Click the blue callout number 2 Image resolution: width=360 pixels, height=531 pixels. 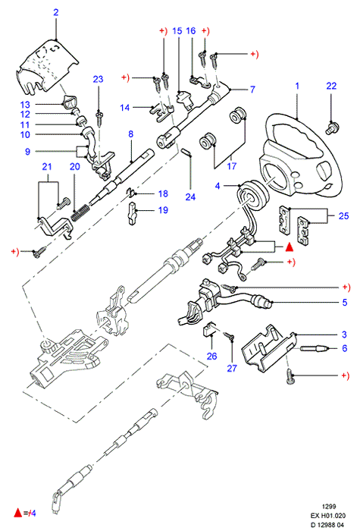click(x=56, y=13)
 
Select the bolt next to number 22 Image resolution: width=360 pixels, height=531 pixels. click(x=332, y=128)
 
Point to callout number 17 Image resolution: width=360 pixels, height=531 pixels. click(x=232, y=165)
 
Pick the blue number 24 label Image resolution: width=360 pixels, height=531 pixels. click(x=190, y=196)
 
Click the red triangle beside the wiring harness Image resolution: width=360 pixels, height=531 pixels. click(x=289, y=247)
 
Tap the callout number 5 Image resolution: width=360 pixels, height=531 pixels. click(x=344, y=302)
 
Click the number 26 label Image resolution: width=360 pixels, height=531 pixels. click(x=211, y=356)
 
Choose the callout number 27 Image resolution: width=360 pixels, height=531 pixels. click(x=232, y=368)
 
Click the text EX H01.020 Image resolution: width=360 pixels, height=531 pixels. click(x=328, y=516)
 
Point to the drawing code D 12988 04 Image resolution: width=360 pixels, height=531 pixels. click(x=327, y=525)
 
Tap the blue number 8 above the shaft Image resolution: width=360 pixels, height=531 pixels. click(x=131, y=134)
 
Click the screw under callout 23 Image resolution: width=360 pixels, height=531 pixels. click(x=99, y=119)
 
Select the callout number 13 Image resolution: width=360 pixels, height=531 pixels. click(x=25, y=105)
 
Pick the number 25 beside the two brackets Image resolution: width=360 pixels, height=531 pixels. click(x=343, y=215)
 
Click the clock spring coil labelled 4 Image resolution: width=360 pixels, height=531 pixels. click(x=253, y=196)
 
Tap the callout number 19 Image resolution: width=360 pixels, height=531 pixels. click(x=163, y=210)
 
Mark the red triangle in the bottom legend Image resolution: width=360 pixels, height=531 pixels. click(x=18, y=513)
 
